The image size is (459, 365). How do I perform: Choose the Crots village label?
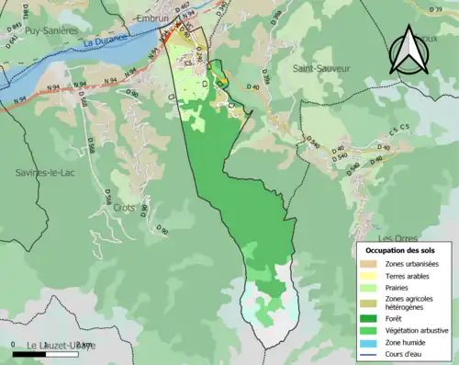coord(124,208)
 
